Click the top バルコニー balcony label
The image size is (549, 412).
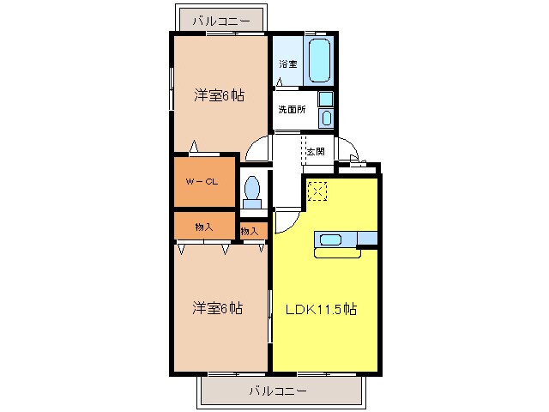pyautogui.click(x=220, y=20)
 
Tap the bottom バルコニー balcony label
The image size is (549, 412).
pyautogui.click(x=277, y=390)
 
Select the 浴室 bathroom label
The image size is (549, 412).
pyautogui.click(x=287, y=64)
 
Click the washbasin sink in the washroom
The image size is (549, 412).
pyautogui.click(x=326, y=116)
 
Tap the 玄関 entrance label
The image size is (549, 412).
pyautogui.click(x=315, y=151)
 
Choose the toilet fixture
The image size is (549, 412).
pyautogui.click(x=252, y=191)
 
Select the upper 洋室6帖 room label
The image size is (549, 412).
pyautogui.click(x=219, y=95)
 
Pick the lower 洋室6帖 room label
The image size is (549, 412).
pyautogui.click(x=216, y=307)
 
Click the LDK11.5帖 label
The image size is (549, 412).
pyautogui.click(x=321, y=310)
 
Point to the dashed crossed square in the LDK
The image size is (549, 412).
pyautogui.click(x=317, y=191)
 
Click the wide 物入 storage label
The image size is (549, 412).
pyautogui.click(x=204, y=226)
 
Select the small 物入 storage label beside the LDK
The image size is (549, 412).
pyautogui.click(x=250, y=231)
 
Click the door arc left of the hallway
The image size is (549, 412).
pyautogui.click(x=256, y=150)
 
